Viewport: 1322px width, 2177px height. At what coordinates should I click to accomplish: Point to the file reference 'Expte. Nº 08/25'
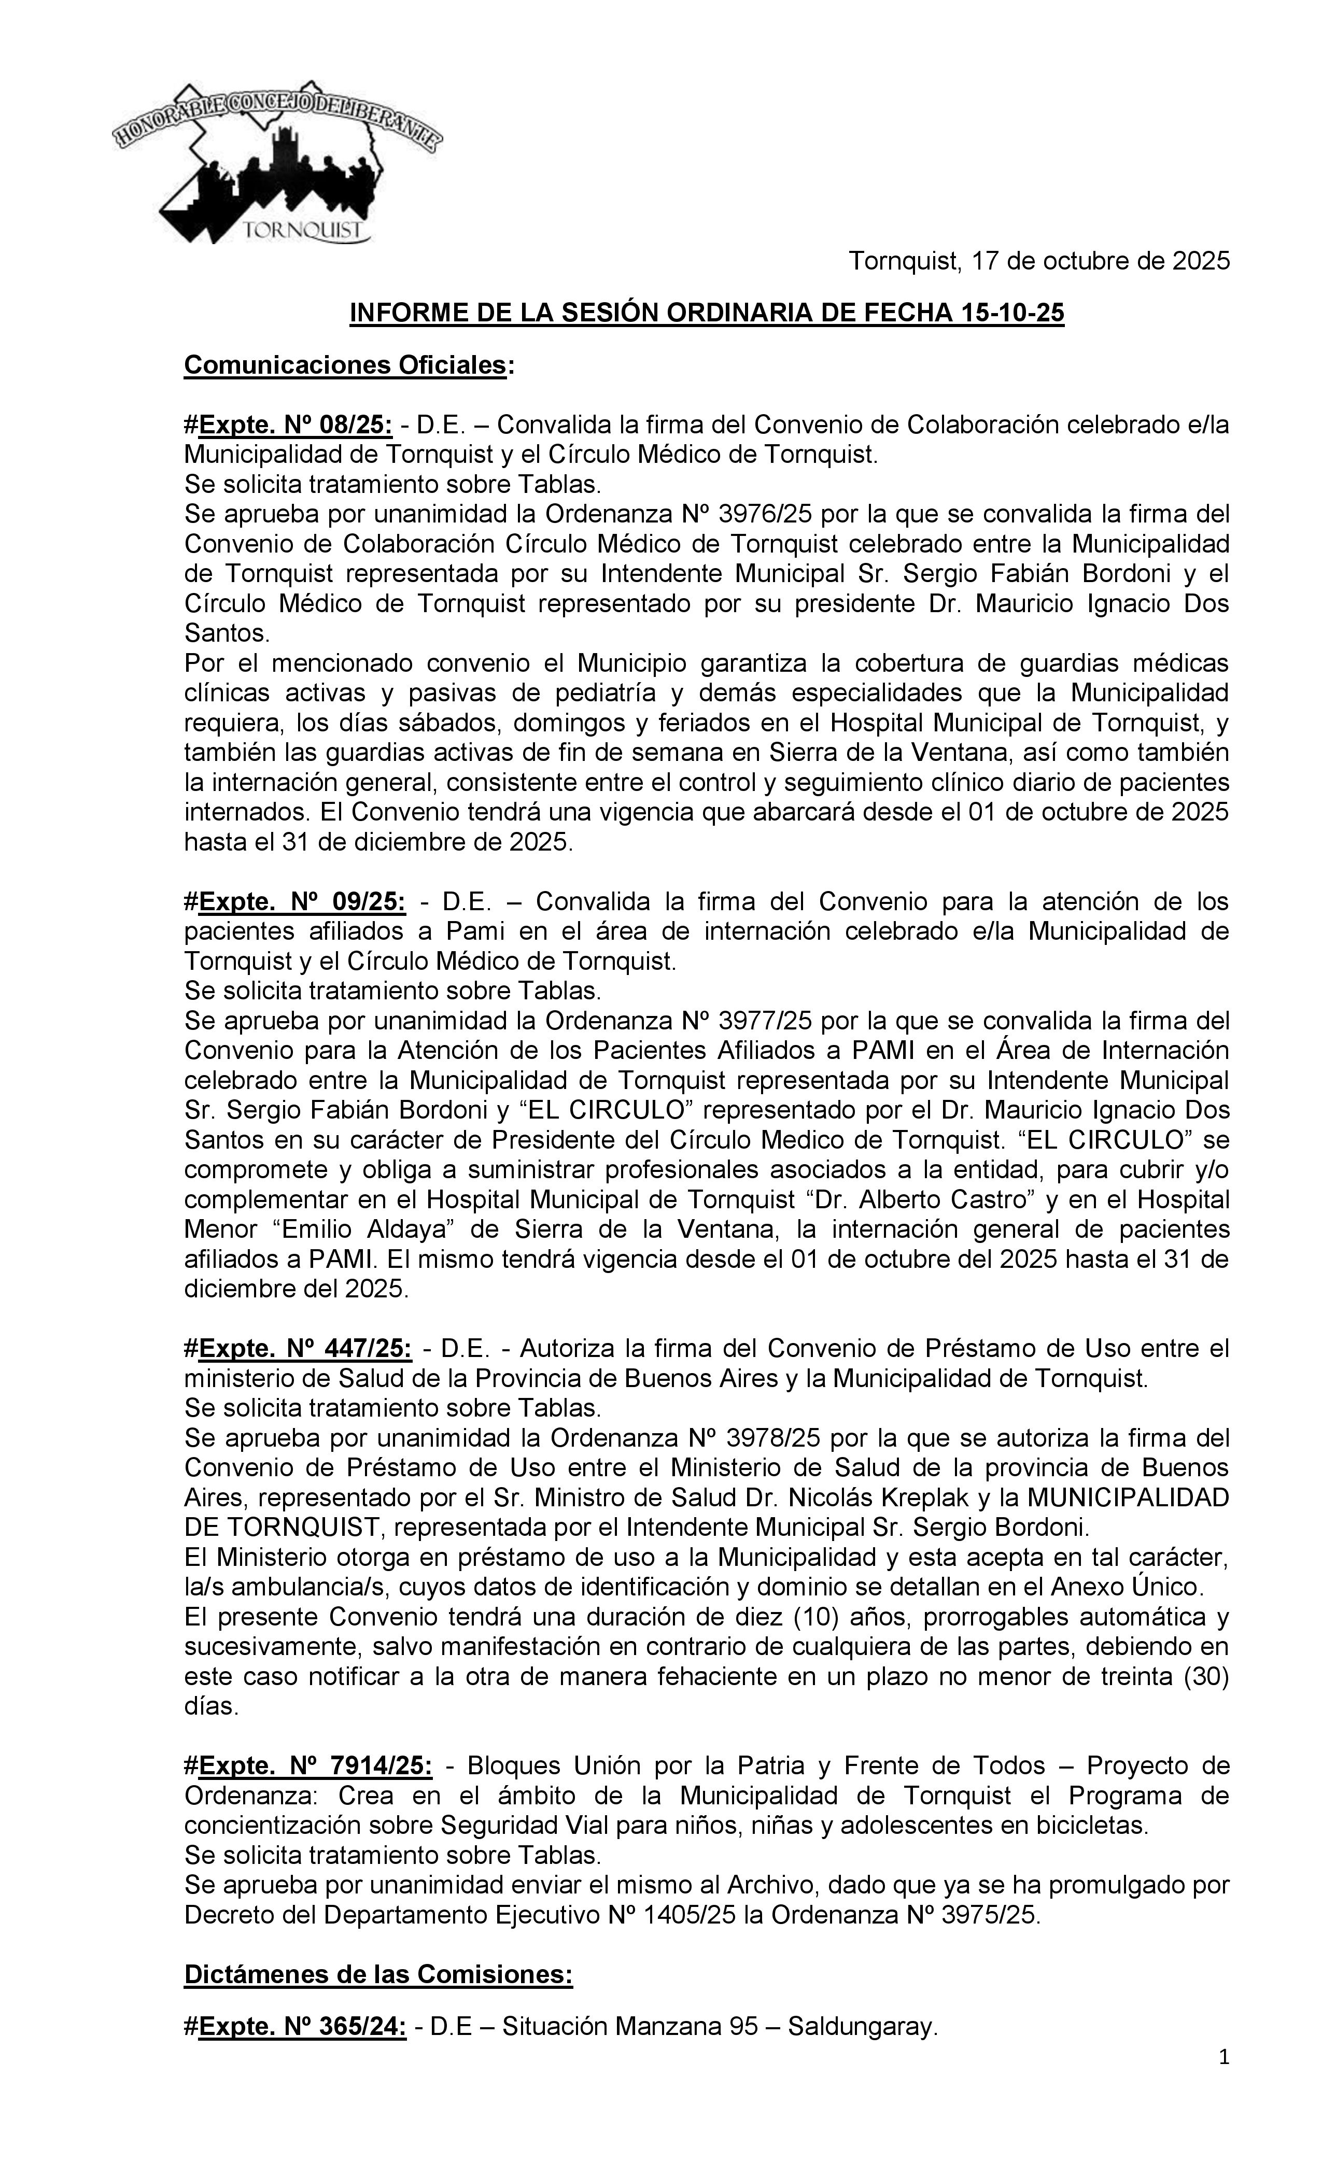click(x=295, y=425)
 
